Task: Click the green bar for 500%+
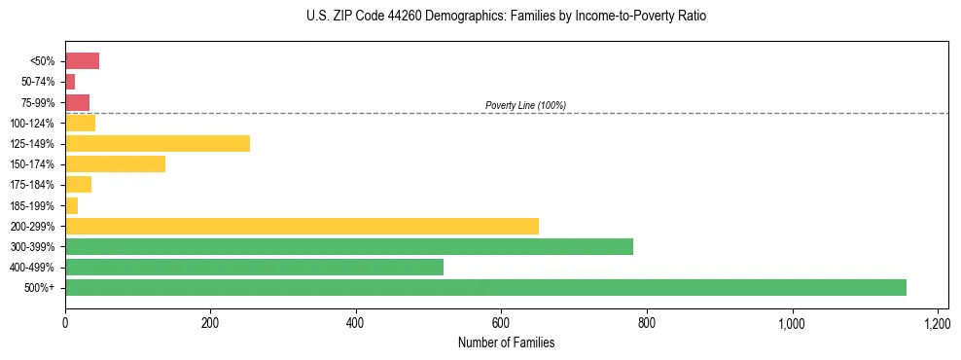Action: [485, 287]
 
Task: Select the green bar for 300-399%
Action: [349, 246]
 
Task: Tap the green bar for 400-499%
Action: [254, 267]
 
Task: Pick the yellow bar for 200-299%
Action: [302, 226]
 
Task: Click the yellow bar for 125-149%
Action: [158, 143]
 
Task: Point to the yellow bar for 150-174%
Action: [115, 163]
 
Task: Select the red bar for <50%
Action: [82, 61]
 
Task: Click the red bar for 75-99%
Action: [77, 102]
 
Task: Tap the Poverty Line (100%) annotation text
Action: [525, 105]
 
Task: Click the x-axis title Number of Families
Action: [506, 342]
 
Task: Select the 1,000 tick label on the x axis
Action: [792, 322]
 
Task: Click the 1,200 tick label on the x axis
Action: [937, 322]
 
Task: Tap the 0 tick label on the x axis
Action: [65, 322]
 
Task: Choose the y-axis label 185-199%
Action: [32, 205]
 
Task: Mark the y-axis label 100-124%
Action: [32, 123]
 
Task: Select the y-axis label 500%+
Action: [40, 287]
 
